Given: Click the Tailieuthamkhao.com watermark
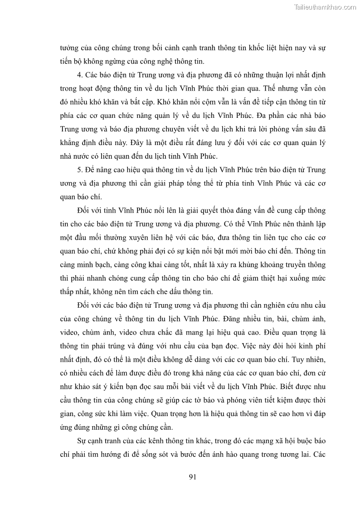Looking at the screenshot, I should coord(325,7).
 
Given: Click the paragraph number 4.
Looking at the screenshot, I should coord(79,74).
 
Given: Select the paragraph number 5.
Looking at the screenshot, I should coord(79,170).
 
